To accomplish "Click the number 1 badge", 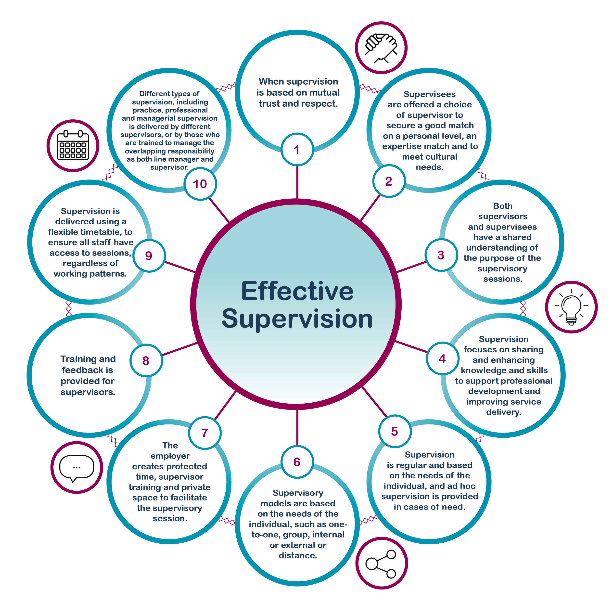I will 297,149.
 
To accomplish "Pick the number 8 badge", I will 146,360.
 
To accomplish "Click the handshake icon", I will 381,48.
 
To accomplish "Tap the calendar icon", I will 73,146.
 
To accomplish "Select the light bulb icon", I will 571,307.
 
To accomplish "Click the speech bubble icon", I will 77,467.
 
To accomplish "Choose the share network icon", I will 381,563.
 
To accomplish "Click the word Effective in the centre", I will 297,291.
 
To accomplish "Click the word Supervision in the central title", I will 297,319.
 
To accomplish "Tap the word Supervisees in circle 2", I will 429,94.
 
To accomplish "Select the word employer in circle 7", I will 170,456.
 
